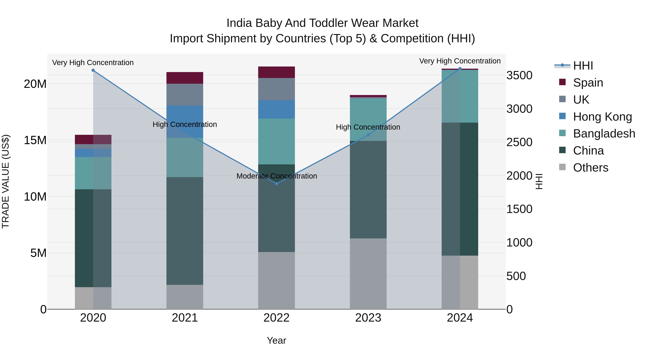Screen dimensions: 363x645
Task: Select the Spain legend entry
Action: pyautogui.click(x=588, y=83)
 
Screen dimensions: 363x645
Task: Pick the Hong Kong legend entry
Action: pyautogui.click(x=602, y=117)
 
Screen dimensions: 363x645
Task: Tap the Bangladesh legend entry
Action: pyautogui.click(x=604, y=134)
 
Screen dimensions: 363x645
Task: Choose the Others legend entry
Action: pyautogui.click(x=590, y=168)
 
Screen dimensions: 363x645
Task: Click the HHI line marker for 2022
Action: pyautogui.click(x=276, y=184)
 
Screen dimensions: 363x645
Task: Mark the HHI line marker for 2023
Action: pyautogui.click(x=368, y=135)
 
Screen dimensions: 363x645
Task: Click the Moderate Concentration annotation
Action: pyautogui.click(x=277, y=176)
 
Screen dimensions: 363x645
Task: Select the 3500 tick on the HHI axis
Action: pyautogui.click(x=519, y=75)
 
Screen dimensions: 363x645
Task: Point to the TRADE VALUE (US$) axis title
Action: pyautogui.click(x=6, y=181)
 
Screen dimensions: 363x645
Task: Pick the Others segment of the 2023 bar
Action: pyautogui.click(x=368, y=274)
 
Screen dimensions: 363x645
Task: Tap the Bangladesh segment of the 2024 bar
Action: pyautogui.click(x=460, y=96)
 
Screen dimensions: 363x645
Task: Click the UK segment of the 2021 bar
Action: pyautogui.click(x=185, y=95)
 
